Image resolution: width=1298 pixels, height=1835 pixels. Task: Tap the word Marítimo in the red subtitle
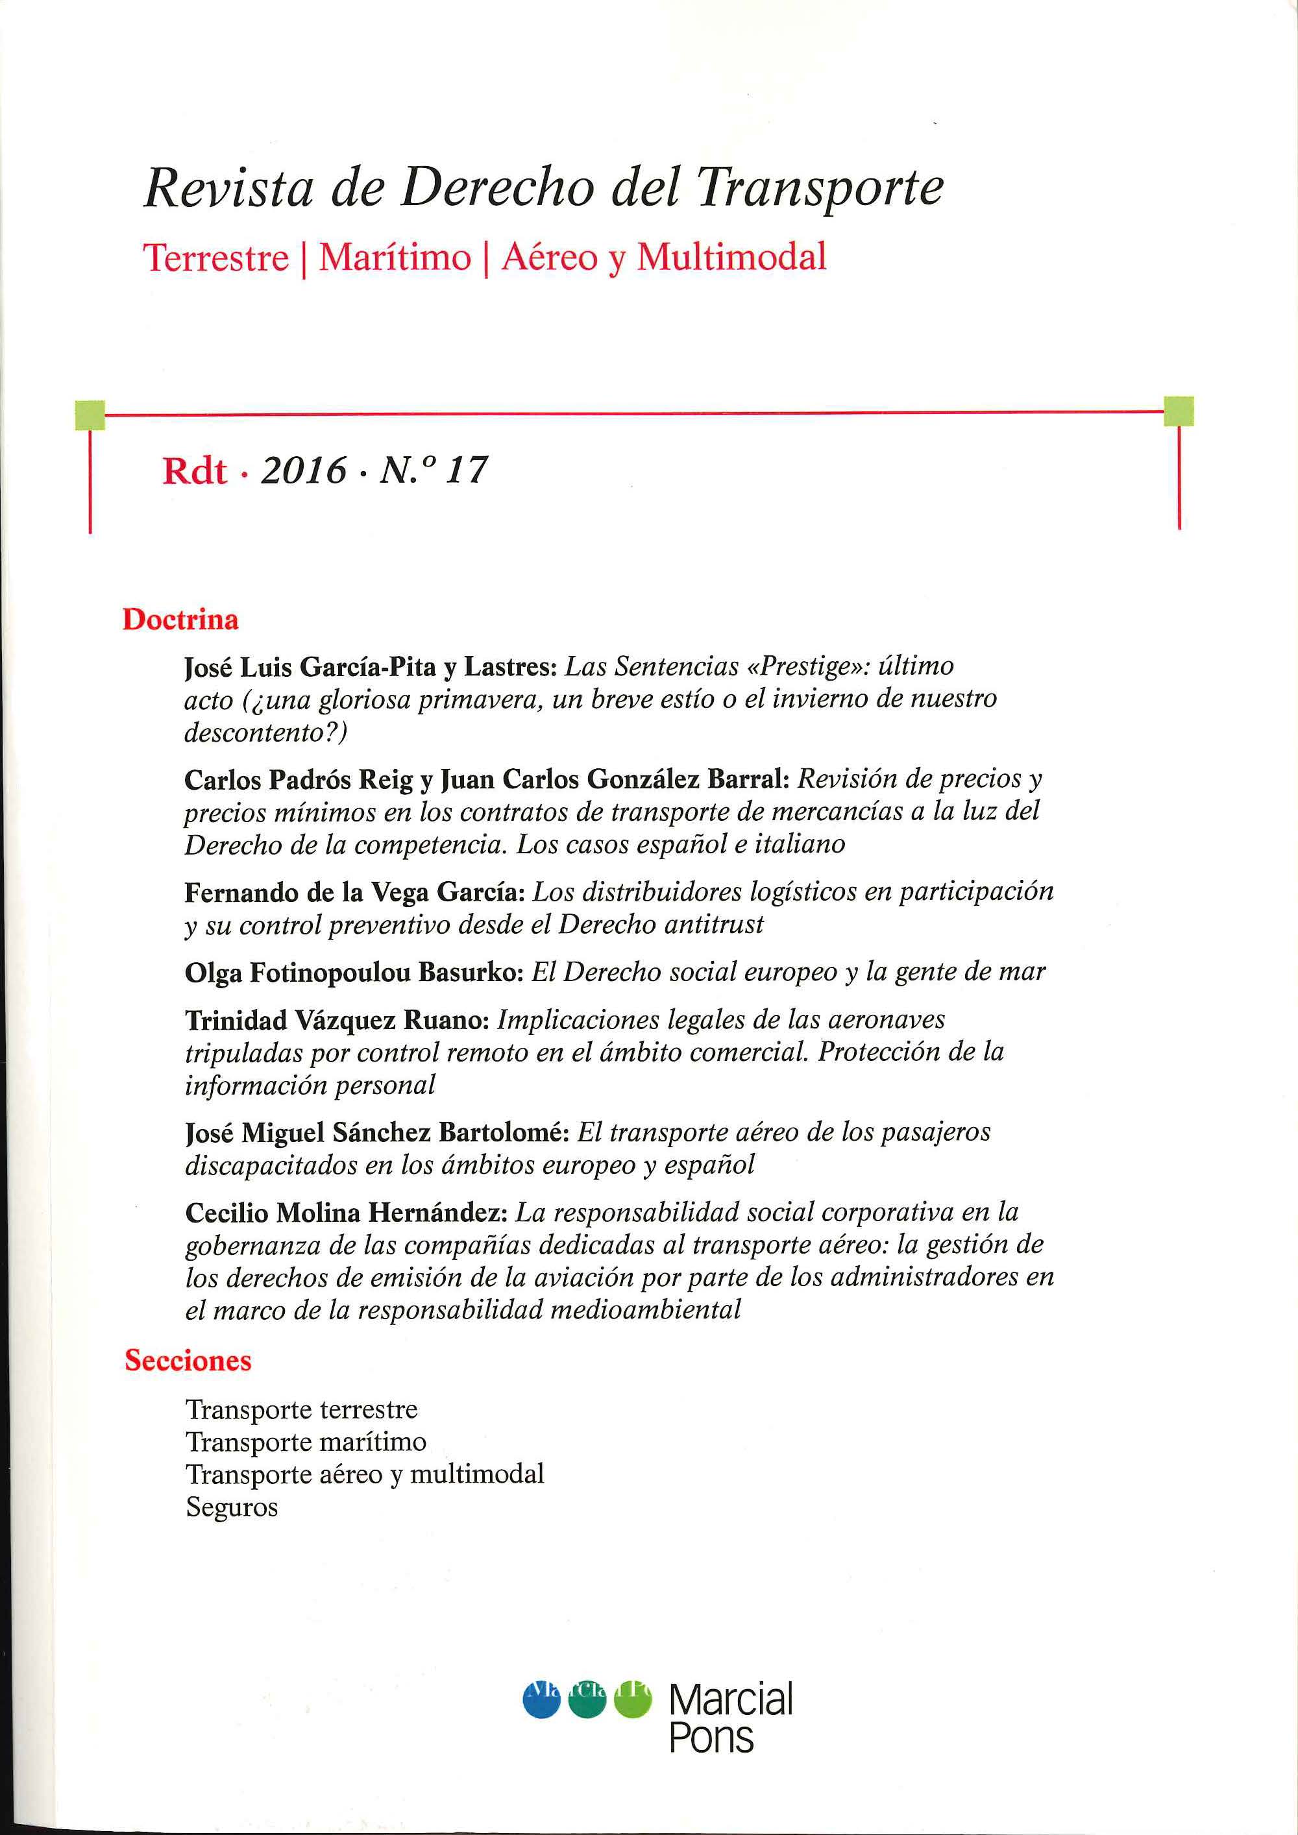click(395, 258)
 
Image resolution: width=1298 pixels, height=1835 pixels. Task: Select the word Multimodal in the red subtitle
click(731, 258)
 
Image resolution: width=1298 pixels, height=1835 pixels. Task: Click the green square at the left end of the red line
click(90, 414)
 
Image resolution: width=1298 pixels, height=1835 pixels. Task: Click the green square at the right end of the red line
click(1179, 411)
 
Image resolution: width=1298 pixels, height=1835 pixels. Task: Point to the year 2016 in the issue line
click(304, 470)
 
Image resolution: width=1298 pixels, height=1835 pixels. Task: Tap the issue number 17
click(466, 470)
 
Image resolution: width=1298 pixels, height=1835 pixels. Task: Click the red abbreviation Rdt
click(194, 472)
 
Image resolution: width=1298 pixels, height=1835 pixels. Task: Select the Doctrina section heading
click(180, 620)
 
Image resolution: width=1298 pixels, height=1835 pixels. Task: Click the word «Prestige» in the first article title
click(800, 666)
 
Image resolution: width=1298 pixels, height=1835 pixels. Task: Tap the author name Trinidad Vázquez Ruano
click(336, 1020)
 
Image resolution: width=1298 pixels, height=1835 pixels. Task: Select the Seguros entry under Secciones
click(232, 1507)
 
